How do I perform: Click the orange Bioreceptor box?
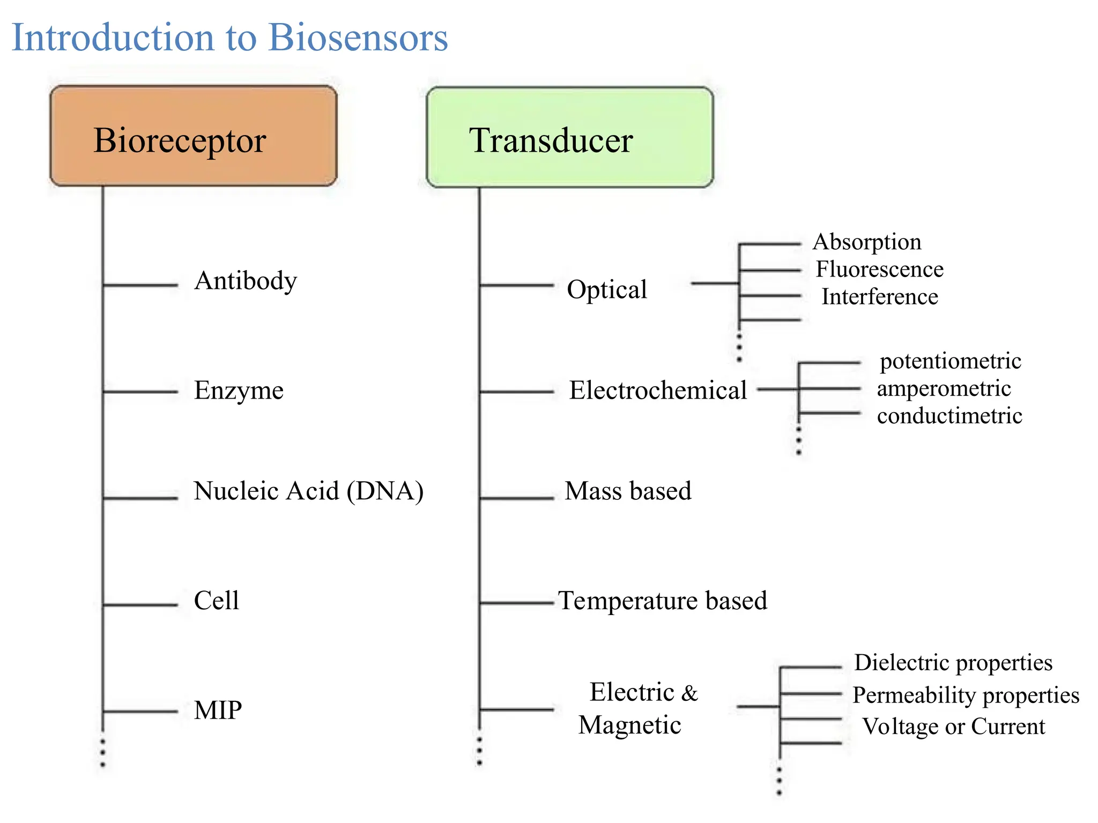tap(193, 137)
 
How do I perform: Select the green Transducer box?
tap(569, 138)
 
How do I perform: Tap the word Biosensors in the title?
tap(358, 38)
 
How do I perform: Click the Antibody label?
tap(246, 281)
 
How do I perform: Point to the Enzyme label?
tap(239, 390)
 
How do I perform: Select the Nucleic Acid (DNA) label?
tap(308, 491)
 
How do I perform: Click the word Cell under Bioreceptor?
tap(216, 600)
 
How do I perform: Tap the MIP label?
tap(218, 710)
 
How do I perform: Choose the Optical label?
tap(607, 289)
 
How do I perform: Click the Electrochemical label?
tap(658, 390)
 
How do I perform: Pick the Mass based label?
tap(628, 491)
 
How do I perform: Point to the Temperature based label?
tap(663, 601)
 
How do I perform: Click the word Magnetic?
tap(629, 725)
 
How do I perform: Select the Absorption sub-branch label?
tap(867, 242)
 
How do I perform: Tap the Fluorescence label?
tap(879, 269)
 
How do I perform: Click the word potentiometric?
tap(950, 361)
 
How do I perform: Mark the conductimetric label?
tap(949, 416)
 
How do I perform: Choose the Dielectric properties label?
tap(953, 663)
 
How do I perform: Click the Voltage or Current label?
tap(953, 727)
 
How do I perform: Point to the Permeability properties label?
tap(966, 695)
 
